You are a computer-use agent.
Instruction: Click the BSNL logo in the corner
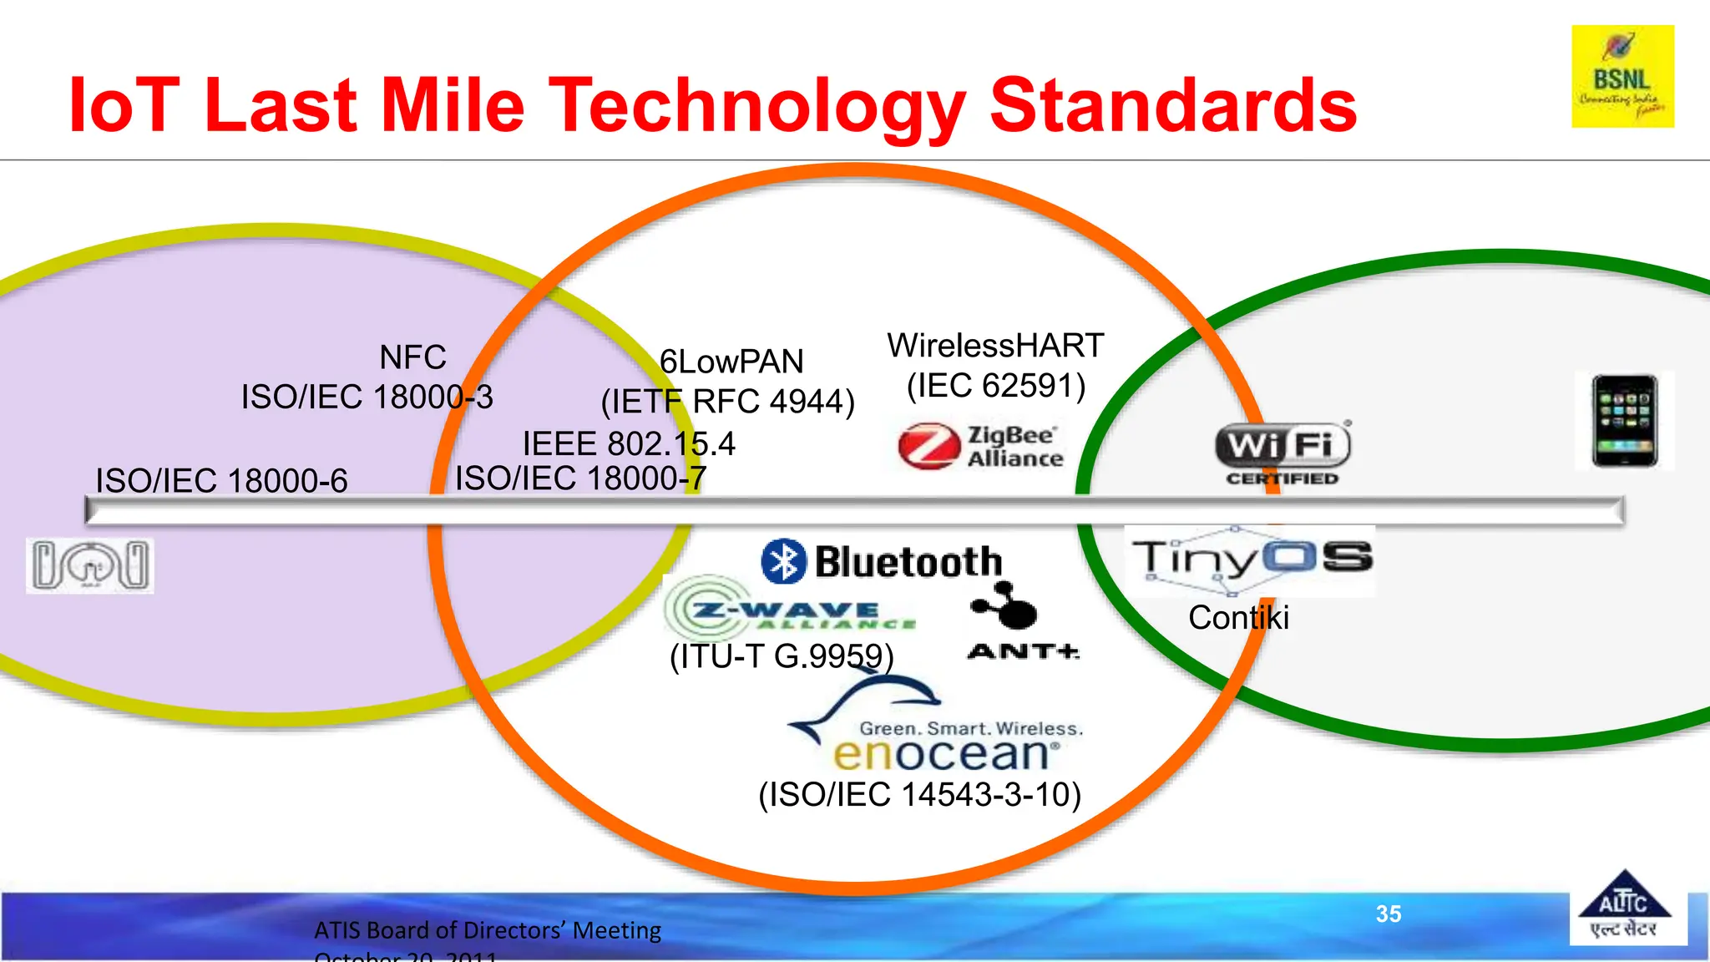click(x=1622, y=77)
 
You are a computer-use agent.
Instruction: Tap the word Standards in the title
click(x=1173, y=105)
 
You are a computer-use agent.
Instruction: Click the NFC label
click(x=412, y=357)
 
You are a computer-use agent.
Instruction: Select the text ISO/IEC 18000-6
click(x=221, y=481)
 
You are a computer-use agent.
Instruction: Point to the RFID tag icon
click(x=90, y=566)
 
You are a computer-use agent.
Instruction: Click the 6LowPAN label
click(x=731, y=362)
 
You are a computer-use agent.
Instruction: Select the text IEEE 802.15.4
click(x=629, y=443)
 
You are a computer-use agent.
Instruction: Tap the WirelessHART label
click(x=995, y=346)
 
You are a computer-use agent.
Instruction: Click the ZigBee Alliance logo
click(x=980, y=447)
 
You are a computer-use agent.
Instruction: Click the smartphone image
click(x=1624, y=421)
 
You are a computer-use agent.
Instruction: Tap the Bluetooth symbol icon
click(x=783, y=561)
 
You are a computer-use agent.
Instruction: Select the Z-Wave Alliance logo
click(x=789, y=610)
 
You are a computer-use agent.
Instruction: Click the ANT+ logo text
click(x=1023, y=651)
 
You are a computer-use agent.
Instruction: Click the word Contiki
click(x=1238, y=618)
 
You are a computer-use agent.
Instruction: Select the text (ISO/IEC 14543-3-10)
click(x=919, y=794)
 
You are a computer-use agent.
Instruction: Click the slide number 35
click(x=1389, y=914)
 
